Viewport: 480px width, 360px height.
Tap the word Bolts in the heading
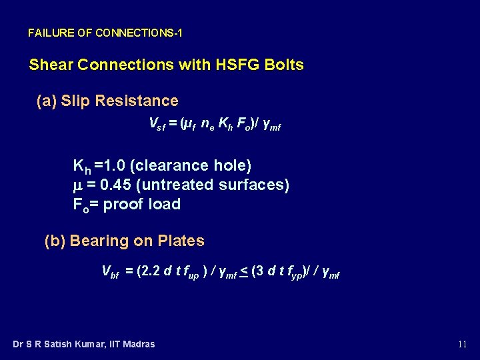[283, 65]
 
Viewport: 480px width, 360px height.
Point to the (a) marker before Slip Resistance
[46, 101]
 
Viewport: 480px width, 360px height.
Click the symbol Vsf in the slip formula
[156, 124]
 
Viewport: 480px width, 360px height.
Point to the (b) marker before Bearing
[55, 241]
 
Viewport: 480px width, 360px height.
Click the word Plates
[181, 241]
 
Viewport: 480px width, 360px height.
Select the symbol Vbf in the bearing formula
[110, 271]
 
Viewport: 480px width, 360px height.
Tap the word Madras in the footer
[137, 344]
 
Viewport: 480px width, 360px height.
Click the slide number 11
[462, 344]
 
